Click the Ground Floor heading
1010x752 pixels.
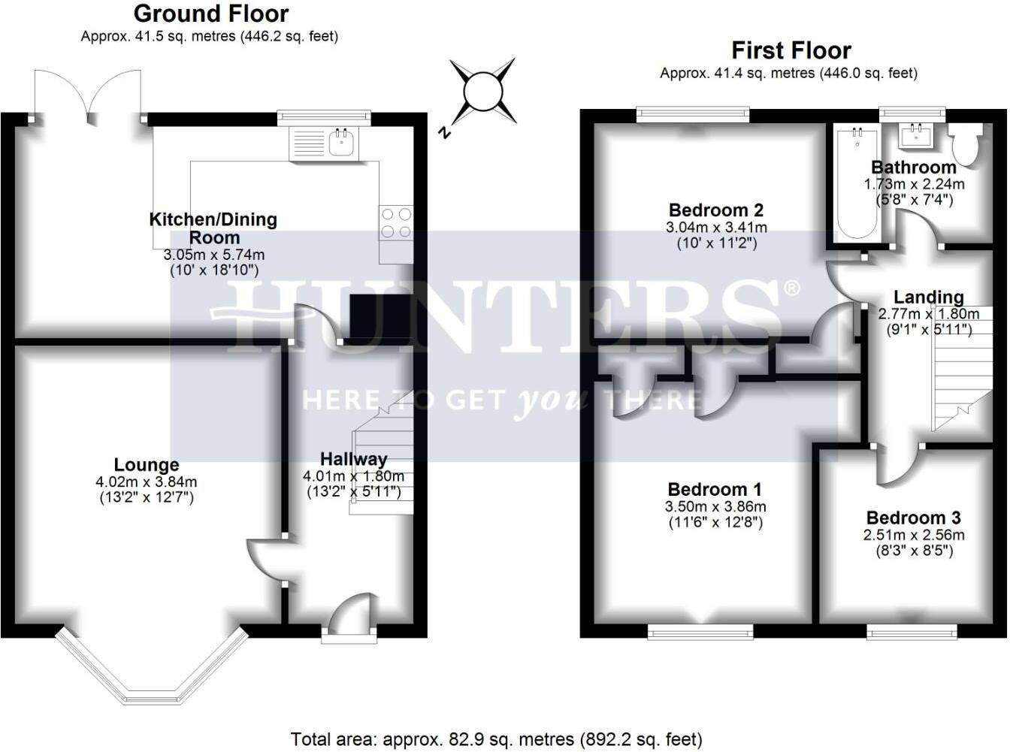(x=210, y=14)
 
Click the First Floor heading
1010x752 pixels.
(x=791, y=50)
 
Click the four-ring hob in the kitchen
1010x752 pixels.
(x=396, y=223)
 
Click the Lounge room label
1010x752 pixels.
(x=147, y=465)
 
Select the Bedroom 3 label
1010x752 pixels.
(x=913, y=518)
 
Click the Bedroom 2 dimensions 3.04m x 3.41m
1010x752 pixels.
(x=716, y=227)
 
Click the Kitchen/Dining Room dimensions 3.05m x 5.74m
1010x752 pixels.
(x=213, y=255)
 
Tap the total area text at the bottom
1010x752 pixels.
(x=496, y=739)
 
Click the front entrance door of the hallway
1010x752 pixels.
(x=350, y=615)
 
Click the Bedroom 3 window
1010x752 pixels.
(x=912, y=631)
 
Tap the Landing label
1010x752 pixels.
(x=928, y=297)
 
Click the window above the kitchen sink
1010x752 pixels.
(x=324, y=117)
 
